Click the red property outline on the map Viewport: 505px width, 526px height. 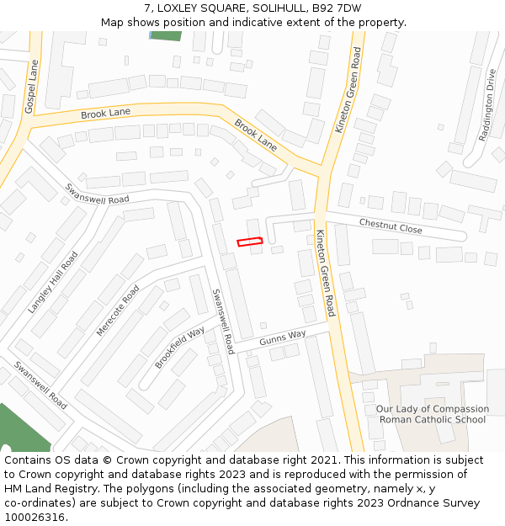pos(250,242)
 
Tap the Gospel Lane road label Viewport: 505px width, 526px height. pos(31,87)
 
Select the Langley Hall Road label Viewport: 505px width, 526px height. pos(52,283)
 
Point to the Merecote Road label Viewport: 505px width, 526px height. pos(118,311)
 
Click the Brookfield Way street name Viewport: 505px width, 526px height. pos(179,347)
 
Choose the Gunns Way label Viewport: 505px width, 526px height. pos(282,336)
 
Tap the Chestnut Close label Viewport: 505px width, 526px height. pos(391,226)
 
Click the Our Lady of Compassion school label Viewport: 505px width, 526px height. pos(432,414)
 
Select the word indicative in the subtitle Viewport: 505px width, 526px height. pos(260,22)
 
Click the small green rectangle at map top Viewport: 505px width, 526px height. pos(165,35)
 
